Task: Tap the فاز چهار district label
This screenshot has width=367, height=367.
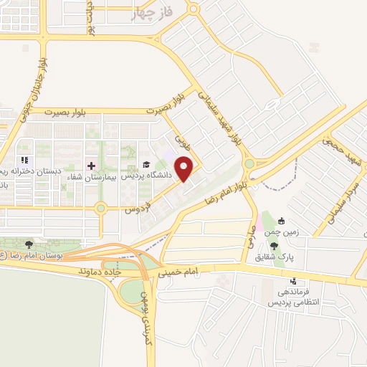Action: coord(153,13)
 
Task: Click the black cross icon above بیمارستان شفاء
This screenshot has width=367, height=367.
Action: coord(91,165)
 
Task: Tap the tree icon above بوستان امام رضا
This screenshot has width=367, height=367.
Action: coord(29,244)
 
